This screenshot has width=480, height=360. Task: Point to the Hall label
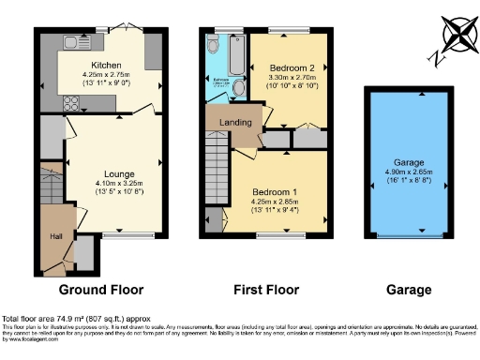click(x=56, y=236)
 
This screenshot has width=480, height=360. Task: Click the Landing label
click(x=232, y=122)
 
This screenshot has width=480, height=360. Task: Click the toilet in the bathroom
click(x=238, y=89)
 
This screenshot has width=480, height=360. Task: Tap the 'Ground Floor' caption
click(x=99, y=290)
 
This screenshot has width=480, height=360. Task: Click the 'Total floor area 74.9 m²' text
click(x=56, y=319)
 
